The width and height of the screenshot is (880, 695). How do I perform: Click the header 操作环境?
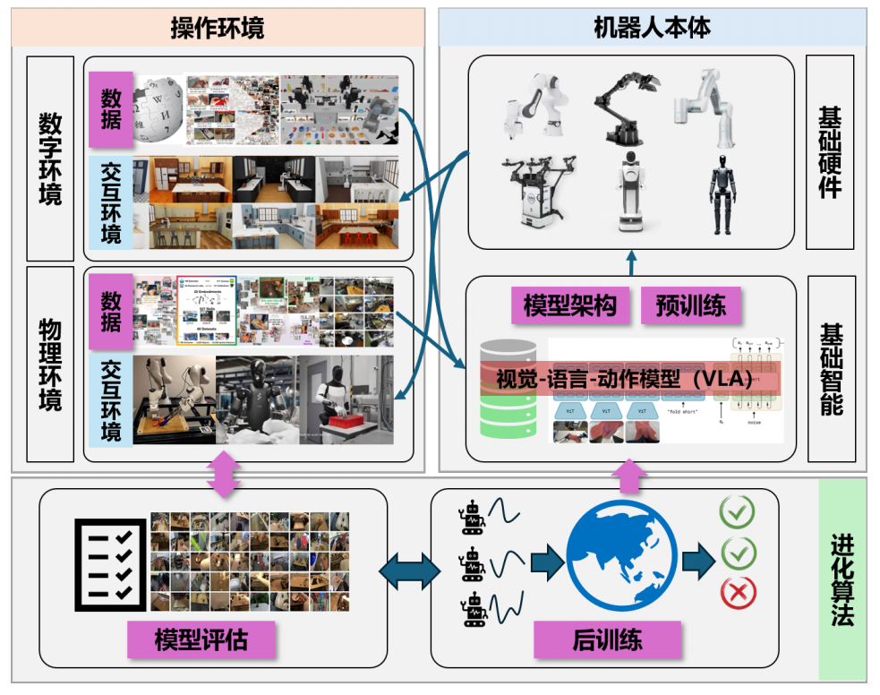pyautogui.click(x=218, y=28)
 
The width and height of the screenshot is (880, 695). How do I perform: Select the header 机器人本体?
pyautogui.click(x=652, y=28)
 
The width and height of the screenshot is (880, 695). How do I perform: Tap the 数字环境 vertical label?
pyautogui.click(x=50, y=159)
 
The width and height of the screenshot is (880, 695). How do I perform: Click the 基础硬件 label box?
pyautogui.click(x=830, y=151)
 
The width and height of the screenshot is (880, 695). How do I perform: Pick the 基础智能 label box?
pyautogui.click(x=830, y=368)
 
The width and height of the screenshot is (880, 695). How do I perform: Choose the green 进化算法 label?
pyautogui.click(x=842, y=579)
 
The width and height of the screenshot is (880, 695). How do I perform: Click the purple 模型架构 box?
pyautogui.click(x=570, y=305)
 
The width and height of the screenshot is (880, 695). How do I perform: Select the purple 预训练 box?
pyautogui.click(x=691, y=305)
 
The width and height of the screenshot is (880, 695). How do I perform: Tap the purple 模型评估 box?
pyautogui.click(x=201, y=639)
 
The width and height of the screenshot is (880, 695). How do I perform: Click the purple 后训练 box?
pyautogui.click(x=607, y=639)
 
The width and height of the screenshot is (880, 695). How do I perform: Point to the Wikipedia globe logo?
pyautogui.click(x=160, y=109)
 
